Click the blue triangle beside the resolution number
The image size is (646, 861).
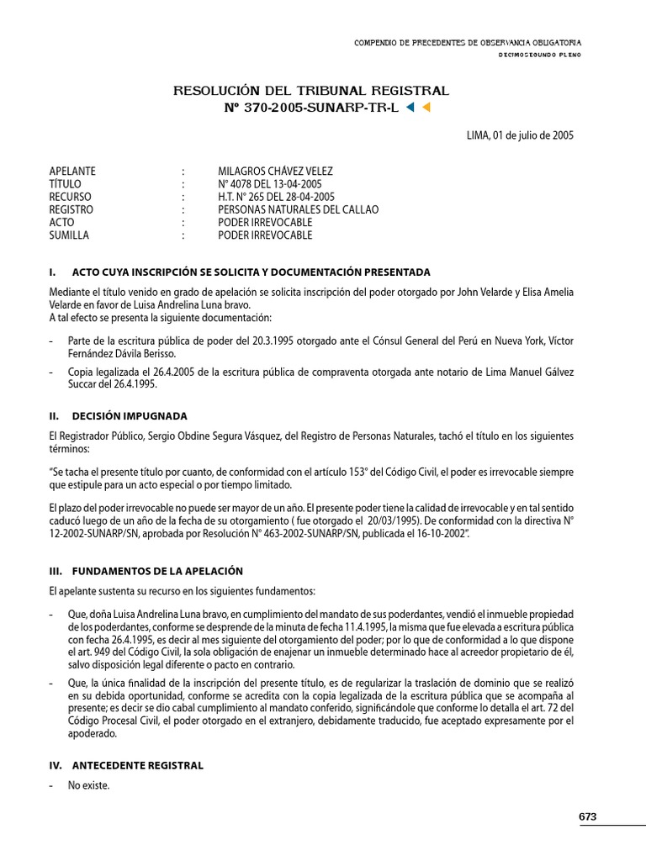click(x=410, y=108)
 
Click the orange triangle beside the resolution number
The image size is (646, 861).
click(x=426, y=108)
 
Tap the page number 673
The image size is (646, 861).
click(x=587, y=816)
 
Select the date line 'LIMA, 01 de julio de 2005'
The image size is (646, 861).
click(x=520, y=135)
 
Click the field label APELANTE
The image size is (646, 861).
click(x=72, y=172)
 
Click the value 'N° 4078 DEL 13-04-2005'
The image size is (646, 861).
click(x=269, y=184)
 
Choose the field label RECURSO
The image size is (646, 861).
click(x=71, y=197)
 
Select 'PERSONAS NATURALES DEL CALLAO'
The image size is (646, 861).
click(x=298, y=209)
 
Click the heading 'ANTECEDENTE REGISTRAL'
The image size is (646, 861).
click(x=137, y=766)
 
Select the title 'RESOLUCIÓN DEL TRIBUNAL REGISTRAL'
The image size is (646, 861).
click(x=311, y=91)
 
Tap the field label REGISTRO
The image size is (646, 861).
click(x=71, y=209)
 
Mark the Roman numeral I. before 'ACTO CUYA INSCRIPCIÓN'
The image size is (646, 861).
click(x=53, y=272)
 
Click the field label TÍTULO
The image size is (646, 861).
click(x=66, y=184)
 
